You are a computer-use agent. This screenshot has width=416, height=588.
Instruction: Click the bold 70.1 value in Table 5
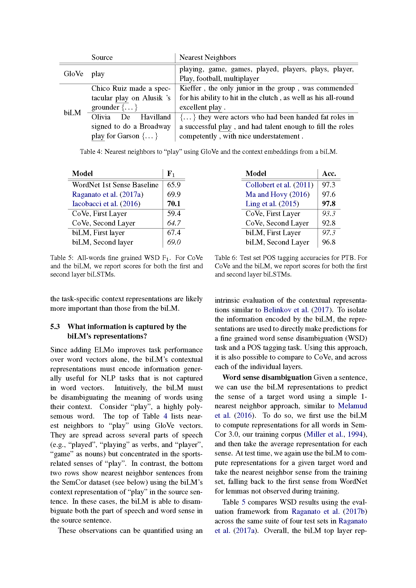point(174,204)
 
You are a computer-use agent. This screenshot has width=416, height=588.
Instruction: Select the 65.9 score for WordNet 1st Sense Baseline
point(174,185)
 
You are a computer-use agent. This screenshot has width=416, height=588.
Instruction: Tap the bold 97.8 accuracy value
point(329,204)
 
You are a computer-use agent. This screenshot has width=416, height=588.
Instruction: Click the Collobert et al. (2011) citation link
point(279,185)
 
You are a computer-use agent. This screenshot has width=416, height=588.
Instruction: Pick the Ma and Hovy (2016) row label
point(277,194)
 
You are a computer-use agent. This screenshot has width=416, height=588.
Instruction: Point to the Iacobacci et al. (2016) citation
point(106,204)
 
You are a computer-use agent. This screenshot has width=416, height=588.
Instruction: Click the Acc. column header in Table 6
point(329,174)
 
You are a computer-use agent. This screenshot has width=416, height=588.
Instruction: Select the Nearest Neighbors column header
point(207,57)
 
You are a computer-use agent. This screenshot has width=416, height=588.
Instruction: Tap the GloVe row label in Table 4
point(73,74)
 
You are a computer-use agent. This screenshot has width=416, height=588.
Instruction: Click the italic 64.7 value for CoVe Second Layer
point(174,223)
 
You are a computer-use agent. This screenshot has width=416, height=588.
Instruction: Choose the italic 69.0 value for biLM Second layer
point(174,242)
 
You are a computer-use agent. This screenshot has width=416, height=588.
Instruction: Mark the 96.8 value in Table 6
point(329,242)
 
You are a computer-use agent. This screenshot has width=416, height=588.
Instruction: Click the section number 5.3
point(55,327)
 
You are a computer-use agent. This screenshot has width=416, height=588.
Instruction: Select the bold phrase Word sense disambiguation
point(267,377)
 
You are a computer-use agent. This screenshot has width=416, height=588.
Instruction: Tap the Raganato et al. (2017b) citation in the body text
point(329,511)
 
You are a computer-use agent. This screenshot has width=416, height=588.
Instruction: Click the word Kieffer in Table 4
point(190,88)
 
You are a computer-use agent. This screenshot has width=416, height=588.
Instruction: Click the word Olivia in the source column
point(101,117)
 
